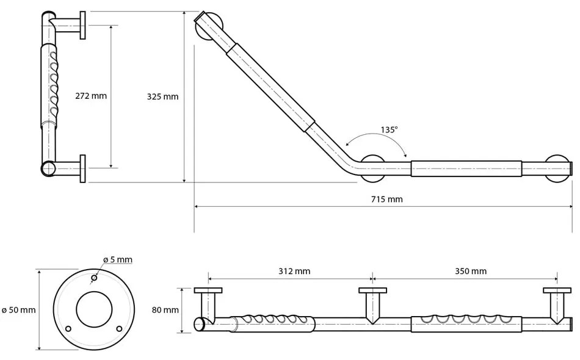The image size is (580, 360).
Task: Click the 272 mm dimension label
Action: pyautogui.click(x=91, y=96)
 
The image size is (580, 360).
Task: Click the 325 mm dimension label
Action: pyautogui.click(x=162, y=96)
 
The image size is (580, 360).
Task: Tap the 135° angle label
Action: pyautogui.click(x=389, y=129)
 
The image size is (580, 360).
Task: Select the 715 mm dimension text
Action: pyautogui.click(x=387, y=199)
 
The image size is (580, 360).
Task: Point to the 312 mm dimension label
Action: pyautogui.click(x=294, y=271)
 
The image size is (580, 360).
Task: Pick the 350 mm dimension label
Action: pyautogui.click(x=471, y=271)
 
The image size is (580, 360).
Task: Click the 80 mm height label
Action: pyautogui.click(x=165, y=310)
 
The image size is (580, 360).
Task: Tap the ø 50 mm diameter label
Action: pyautogui.click(x=19, y=310)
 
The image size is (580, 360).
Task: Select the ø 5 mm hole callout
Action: pyautogui.click(x=117, y=259)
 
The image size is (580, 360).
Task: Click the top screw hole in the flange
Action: pyautogui.click(x=94, y=278)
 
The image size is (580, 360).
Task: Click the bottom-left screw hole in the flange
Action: pyautogui.click(x=68, y=329)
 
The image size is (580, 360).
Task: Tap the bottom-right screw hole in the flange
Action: pyautogui.click(x=119, y=329)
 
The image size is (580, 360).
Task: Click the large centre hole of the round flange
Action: pyautogui.click(x=94, y=308)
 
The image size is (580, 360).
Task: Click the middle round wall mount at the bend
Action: pyautogui.click(x=372, y=169)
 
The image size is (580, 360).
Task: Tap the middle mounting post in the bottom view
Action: pyautogui.click(x=372, y=303)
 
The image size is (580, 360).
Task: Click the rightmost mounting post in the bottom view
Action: pyautogui.click(x=557, y=303)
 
